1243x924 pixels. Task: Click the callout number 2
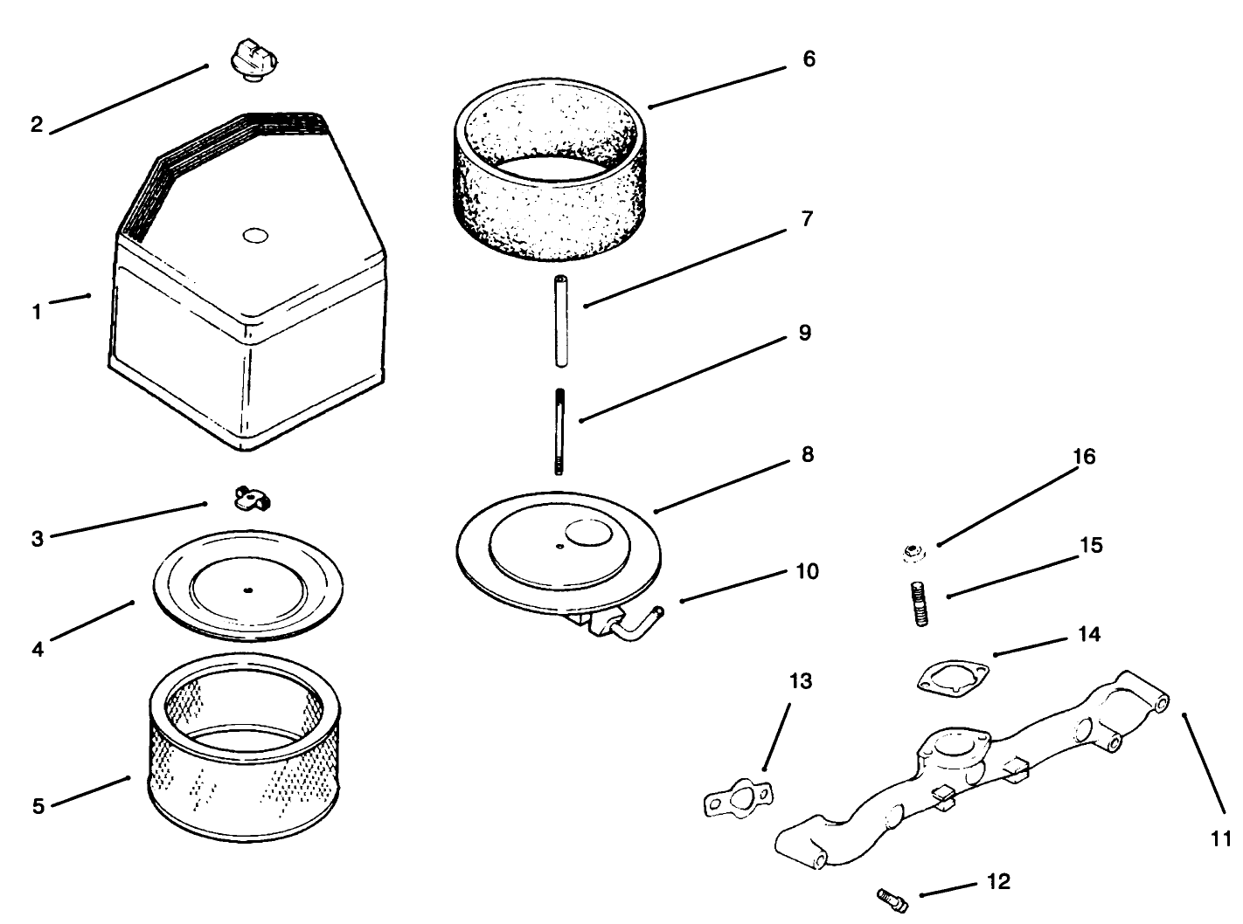coord(36,125)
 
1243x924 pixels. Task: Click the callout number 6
coord(809,59)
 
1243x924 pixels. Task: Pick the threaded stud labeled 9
coord(558,433)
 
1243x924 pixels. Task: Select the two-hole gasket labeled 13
coord(739,796)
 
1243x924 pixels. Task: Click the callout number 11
coord(1220,838)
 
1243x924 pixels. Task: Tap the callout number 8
coord(807,455)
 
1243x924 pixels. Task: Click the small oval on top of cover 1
coord(255,236)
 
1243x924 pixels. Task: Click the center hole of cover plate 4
coord(248,591)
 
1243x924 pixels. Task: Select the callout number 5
coord(38,806)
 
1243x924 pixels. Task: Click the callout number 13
coord(800,681)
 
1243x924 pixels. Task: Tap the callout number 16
coord(1084,458)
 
